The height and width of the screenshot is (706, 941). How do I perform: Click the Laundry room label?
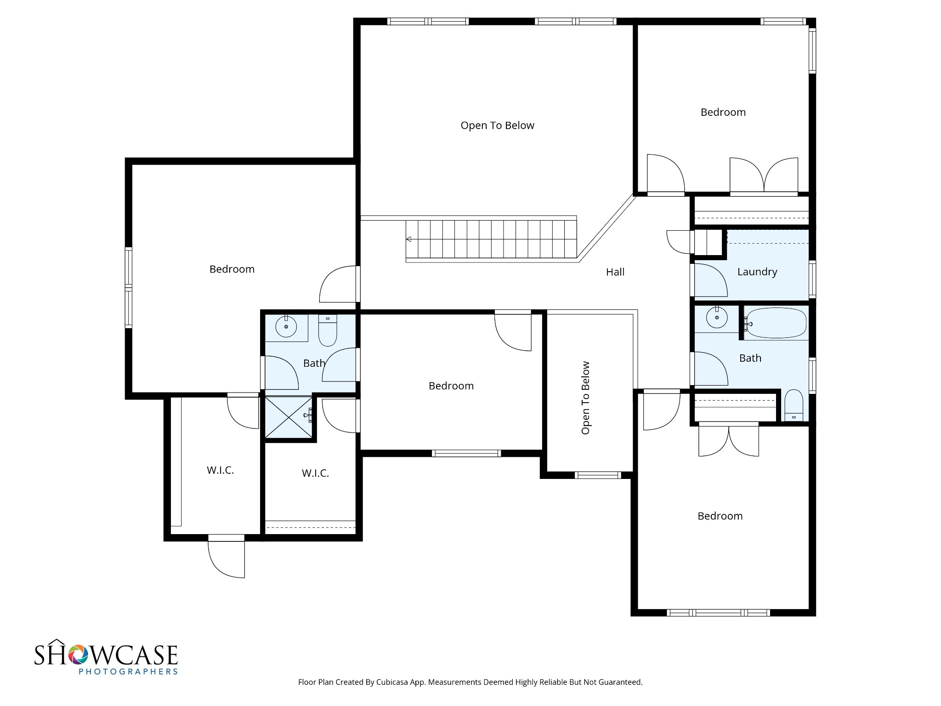(757, 272)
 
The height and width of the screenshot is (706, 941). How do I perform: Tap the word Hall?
(615, 272)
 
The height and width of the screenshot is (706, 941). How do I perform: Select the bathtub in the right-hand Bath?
(776, 324)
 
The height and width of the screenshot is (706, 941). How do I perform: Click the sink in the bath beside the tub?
(717, 317)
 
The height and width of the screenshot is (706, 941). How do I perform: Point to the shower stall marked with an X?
(289, 417)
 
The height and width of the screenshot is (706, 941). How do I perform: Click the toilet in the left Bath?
(328, 330)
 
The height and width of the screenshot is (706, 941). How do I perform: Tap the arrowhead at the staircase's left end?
(408, 239)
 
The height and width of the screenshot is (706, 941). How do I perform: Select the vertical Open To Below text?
(585, 398)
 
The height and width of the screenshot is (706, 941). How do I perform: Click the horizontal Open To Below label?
(498, 125)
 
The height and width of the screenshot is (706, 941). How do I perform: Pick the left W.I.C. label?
(221, 470)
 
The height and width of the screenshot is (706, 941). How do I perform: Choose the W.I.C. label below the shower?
(315, 473)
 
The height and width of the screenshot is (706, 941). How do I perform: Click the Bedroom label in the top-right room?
(723, 112)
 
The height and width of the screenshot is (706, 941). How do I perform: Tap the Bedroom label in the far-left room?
(232, 269)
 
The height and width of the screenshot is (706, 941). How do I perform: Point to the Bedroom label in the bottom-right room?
(720, 516)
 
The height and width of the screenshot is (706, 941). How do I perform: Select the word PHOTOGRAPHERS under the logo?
(128, 672)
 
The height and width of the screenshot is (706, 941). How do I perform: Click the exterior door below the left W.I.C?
(227, 556)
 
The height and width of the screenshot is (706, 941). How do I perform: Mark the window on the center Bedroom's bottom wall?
(466, 453)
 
